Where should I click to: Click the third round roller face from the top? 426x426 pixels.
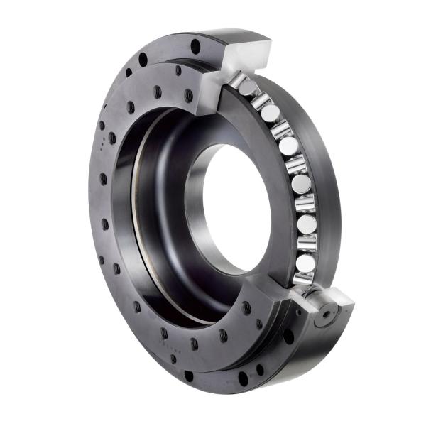click(x=288, y=146)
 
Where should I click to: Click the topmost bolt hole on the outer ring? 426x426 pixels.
click(x=195, y=46)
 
